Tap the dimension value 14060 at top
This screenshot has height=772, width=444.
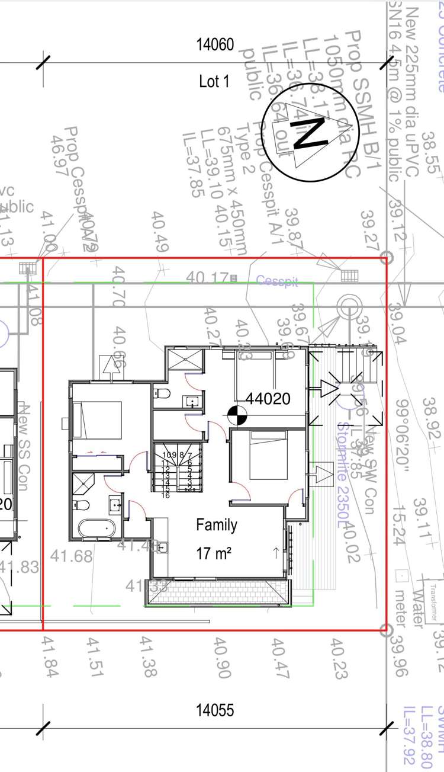pyautogui.click(x=216, y=44)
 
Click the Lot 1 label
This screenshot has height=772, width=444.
pyautogui.click(x=214, y=82)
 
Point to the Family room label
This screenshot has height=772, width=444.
pyautogui.click(x=217, y=525)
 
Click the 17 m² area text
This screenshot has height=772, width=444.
pyautogui.click(x=214, y=553)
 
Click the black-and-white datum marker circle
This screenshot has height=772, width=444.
pyautogui.click(x=236, y=417)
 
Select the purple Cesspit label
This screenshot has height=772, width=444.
pyautogui.click(x=277, y=281)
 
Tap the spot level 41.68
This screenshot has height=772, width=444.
pyautogui.click(x=71, y=556)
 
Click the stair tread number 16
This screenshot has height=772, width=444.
pyautogui.click(x=166, y=495)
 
